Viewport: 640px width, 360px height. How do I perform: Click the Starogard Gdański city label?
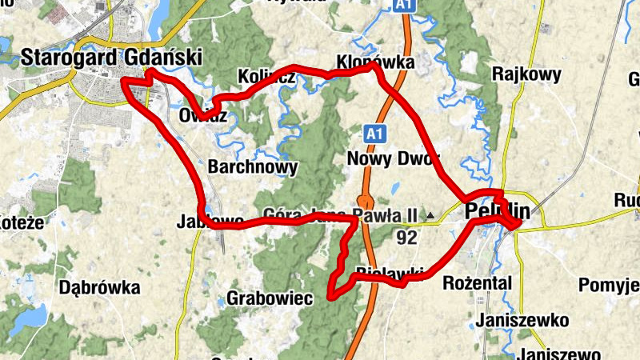111,58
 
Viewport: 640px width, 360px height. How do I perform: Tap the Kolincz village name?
267,78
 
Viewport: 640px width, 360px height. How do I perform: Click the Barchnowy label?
252,167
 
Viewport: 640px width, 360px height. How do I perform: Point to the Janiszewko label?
522,321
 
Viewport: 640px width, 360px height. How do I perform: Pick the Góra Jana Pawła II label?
341,215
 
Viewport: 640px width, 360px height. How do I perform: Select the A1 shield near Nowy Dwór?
373,133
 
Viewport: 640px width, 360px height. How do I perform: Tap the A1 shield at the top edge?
403,6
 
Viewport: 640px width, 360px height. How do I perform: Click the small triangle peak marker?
431,215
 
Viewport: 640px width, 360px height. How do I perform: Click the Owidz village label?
203,115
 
